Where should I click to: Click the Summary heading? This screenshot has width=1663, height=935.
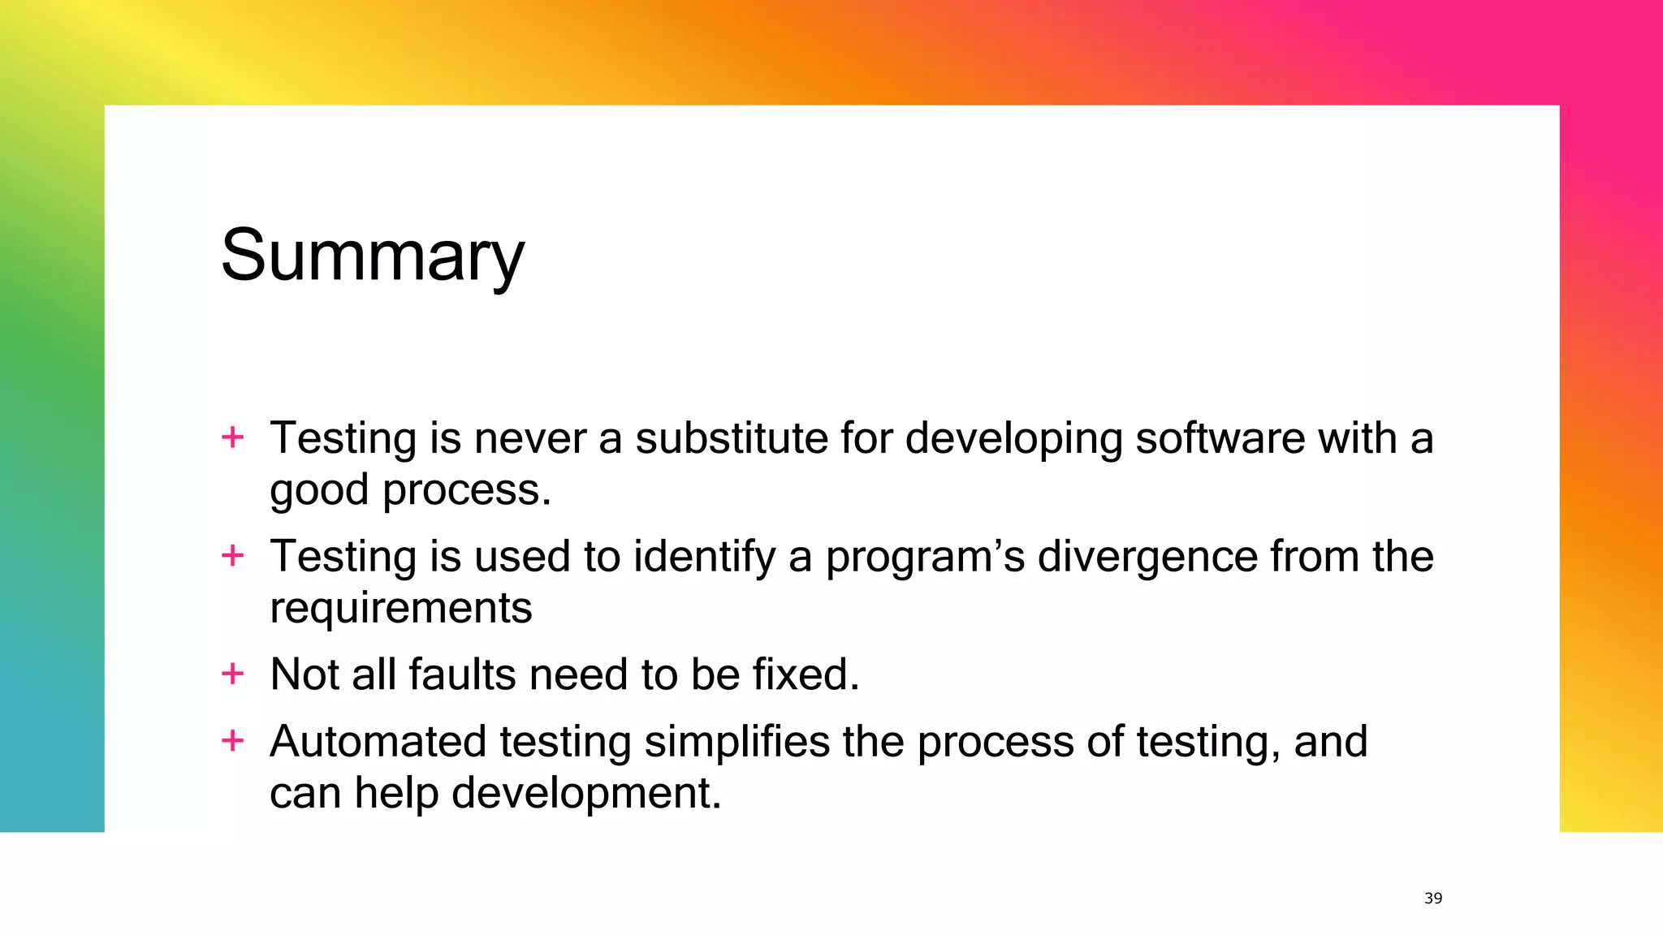point(373,256)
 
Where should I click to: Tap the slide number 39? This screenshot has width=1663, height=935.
point(1433,898)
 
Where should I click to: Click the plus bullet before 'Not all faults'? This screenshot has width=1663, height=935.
point(232,674)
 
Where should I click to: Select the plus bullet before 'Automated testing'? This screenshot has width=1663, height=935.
point(232,740)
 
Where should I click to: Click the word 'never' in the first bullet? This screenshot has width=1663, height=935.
point(529,438)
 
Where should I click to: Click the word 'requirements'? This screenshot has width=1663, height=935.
point(400,609)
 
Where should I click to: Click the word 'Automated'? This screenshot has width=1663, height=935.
point(378,742)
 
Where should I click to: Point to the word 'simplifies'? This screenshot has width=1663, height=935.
point(736,742)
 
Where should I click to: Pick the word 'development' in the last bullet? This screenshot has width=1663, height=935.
point(585,793)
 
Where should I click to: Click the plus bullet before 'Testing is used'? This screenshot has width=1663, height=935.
point(232,556)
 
